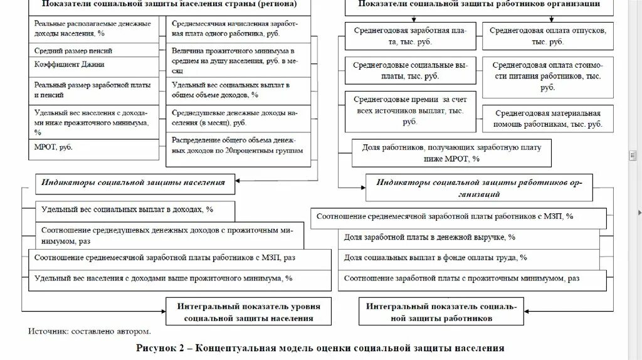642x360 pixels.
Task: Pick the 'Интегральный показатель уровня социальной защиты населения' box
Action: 248,312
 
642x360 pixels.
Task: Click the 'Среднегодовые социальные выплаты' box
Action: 410,70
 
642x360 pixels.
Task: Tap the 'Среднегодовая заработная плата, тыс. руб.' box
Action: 410,35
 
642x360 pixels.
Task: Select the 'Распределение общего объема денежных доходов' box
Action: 238,146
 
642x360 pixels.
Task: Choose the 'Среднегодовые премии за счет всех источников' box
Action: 410,110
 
